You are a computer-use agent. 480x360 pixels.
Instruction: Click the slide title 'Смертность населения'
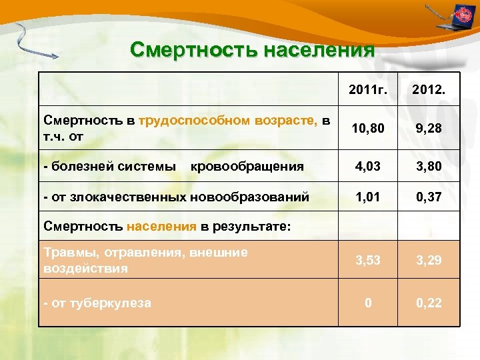253,50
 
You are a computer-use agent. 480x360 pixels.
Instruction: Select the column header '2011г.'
367,89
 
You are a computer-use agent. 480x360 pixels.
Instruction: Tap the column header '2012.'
429,89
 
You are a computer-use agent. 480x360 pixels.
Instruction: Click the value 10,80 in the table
367,129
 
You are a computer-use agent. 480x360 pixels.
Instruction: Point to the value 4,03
367,166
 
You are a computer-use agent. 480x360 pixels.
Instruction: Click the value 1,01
367,197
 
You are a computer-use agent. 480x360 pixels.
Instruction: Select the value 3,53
367,261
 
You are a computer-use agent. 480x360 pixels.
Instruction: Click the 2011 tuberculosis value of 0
367,303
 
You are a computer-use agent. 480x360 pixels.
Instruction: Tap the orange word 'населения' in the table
162,226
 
